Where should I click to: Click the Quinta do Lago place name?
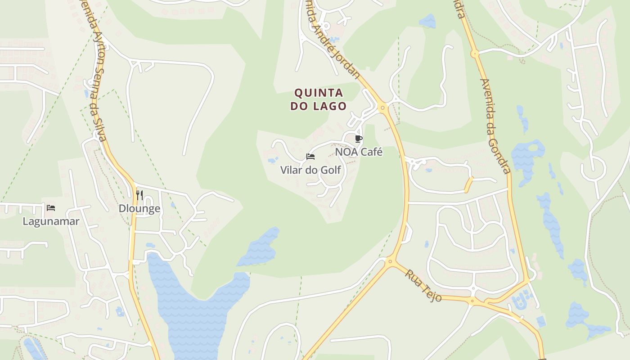319,99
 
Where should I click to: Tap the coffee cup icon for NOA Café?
359,139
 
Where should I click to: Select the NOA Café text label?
359,152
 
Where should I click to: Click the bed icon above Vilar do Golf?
310,157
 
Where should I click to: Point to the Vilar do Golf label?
310,170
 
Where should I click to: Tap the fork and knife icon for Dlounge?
139,195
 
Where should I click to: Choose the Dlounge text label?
139,209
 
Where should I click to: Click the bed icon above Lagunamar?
51,208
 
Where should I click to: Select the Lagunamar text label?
51,221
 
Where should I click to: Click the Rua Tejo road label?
423,285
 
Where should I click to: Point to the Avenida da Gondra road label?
495,126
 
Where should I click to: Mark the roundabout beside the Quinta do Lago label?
382,108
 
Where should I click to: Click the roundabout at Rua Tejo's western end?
390,261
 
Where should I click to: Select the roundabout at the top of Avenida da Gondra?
474,54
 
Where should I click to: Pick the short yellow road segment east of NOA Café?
469,184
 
